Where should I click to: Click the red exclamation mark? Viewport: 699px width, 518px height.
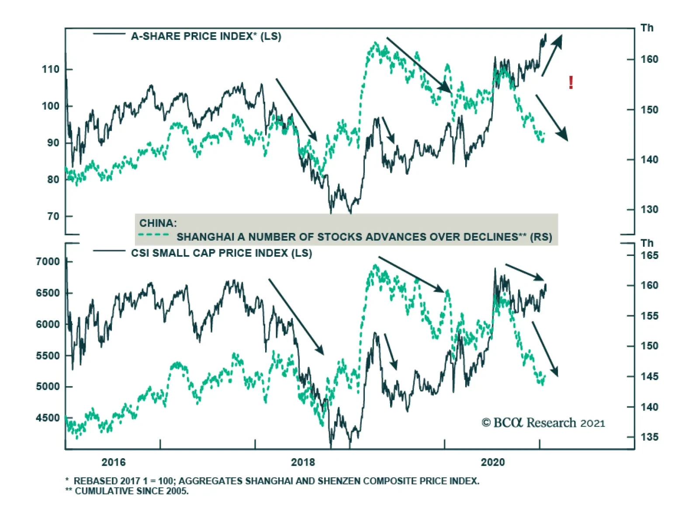571,82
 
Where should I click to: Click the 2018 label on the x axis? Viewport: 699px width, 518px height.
303,462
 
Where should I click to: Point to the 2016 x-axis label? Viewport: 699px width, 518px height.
113,462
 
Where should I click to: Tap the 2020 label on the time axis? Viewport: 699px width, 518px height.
492,462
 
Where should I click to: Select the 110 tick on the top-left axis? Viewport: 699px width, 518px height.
51,69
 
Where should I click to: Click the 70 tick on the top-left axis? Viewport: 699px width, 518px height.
53,216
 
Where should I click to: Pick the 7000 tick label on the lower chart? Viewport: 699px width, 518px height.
48,262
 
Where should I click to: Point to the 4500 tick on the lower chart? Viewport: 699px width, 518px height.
48,418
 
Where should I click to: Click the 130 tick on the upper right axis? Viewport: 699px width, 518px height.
649,210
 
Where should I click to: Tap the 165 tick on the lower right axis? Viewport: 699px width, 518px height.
649,256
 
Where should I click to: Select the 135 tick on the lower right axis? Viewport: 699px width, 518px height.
649,437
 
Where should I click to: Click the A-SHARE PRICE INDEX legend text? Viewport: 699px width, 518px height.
206,36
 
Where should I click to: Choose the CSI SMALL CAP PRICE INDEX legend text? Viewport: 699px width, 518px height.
221,253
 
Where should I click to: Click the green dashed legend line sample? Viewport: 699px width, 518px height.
153,235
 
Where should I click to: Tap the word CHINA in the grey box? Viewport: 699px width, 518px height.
158,223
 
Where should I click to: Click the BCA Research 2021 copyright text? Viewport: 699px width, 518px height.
543,423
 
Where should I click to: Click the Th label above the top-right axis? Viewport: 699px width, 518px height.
647,28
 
